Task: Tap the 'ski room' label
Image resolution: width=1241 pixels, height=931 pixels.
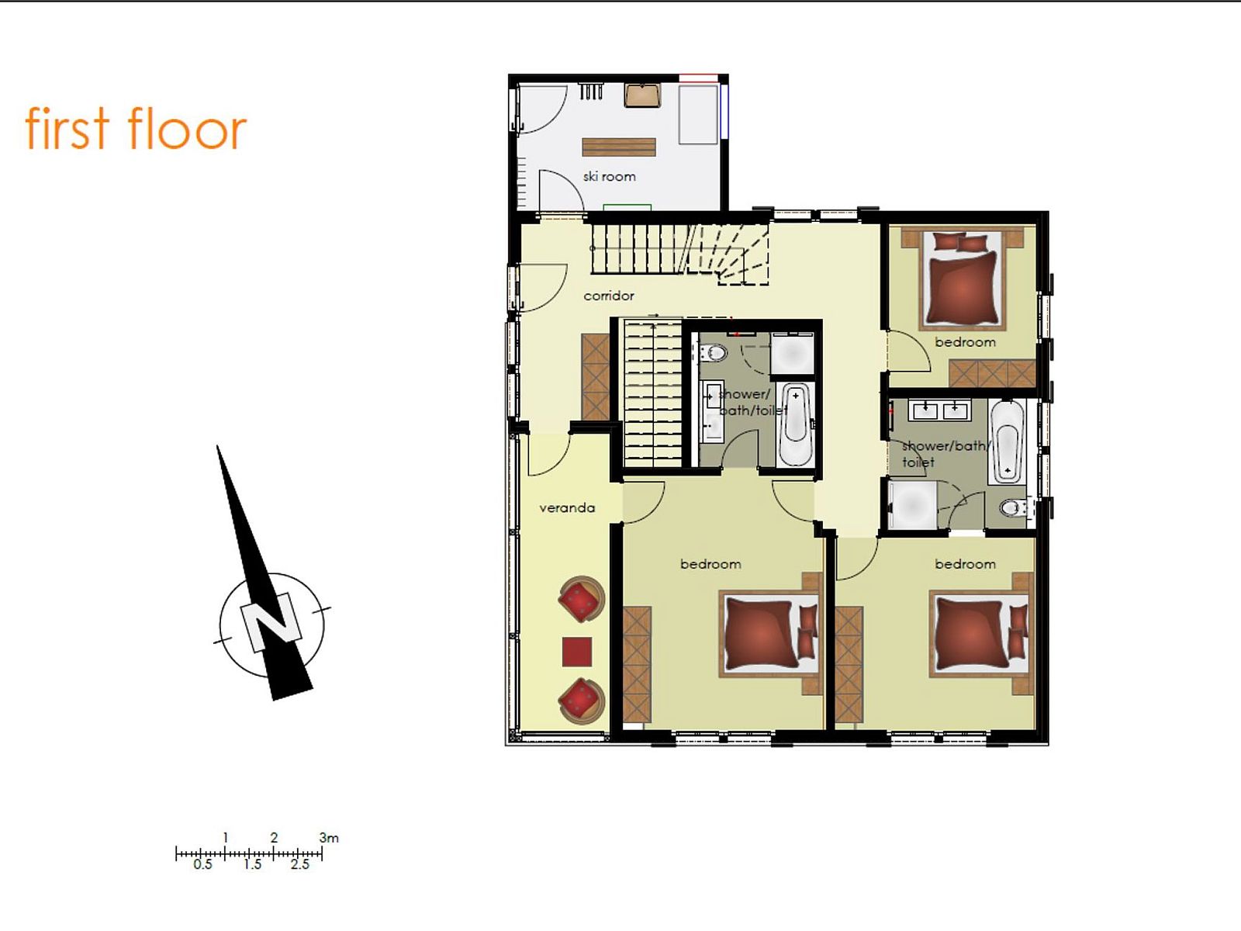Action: [x=610, y=176]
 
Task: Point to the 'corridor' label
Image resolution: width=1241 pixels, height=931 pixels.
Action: [x=609, y=296]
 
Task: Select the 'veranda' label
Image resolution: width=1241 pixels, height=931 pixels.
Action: [x=567, y=507]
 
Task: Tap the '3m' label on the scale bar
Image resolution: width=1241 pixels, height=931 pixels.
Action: [x=329, y=838]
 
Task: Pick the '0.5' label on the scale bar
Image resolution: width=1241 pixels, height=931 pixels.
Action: [x=203, y=864]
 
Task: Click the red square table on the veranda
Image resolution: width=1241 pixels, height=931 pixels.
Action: [x=577, y=652]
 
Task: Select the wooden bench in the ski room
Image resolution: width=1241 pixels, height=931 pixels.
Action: [x=619, y=147]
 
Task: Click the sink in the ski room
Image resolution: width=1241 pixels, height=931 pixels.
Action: [x=643, y=95]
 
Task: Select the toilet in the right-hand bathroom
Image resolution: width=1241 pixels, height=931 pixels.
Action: [x=1014, y=507]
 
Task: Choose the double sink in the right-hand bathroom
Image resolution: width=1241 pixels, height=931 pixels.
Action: [x=939, y=410]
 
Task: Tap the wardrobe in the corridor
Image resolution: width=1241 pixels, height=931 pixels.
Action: [x=596, y=376]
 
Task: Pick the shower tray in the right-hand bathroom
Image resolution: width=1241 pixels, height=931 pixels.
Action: [x=912, y=505]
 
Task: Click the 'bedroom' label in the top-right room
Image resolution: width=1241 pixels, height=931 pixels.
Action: [x=965, y=342]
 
